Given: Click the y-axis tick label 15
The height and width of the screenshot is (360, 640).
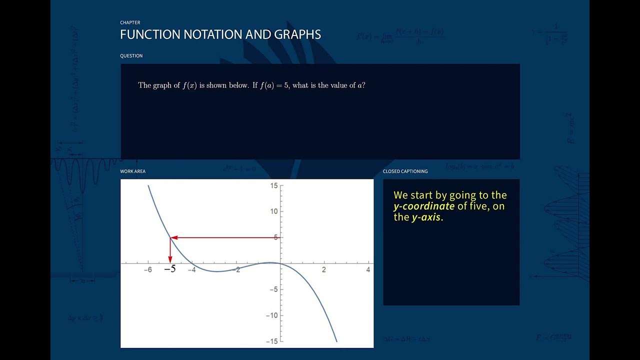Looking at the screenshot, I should click(273, 186).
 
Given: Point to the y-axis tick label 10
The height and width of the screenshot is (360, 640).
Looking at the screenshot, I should click(273, 211).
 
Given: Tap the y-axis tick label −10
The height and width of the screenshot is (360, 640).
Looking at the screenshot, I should click(271, 315).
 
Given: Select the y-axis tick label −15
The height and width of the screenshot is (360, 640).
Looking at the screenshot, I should click(271, 341).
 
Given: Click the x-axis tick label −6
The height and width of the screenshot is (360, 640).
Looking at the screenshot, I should click(148, 270).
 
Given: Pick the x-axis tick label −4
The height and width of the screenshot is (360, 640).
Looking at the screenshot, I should click(192, 270).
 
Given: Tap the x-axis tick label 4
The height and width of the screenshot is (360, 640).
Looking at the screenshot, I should click(368, 270).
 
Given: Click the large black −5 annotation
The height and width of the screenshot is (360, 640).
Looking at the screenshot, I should click(170, 269).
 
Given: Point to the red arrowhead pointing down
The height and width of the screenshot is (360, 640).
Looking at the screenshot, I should click(170, 259).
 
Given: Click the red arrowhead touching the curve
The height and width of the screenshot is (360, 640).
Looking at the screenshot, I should click(173, 237).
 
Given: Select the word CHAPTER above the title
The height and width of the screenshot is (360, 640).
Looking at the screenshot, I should click(130, 22).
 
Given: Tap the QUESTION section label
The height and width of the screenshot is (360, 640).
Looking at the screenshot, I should click(131, 56).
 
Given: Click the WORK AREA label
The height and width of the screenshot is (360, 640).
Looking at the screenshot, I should click(132, 171).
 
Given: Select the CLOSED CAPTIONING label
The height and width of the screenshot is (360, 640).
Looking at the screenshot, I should click(405, 171).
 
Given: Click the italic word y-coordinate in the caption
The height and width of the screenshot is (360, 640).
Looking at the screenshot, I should click(424, 206).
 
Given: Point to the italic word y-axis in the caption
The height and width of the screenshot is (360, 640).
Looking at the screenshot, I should click(427, 217).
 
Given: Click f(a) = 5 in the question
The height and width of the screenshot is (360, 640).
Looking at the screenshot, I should click(274, 85).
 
